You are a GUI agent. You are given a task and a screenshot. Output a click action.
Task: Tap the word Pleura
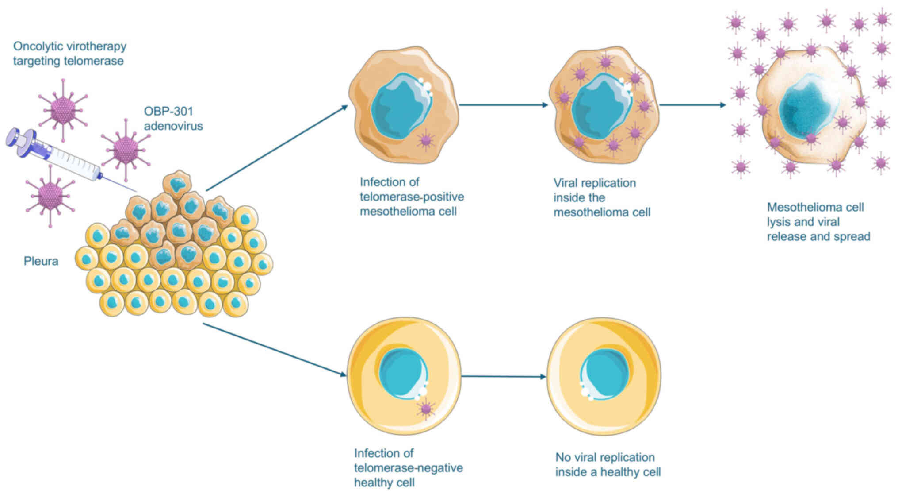tap(41, 261)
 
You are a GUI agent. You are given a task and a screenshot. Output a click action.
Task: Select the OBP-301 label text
tap(168, 111)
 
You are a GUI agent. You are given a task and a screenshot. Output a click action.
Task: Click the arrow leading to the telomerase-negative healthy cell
tap(274, 350)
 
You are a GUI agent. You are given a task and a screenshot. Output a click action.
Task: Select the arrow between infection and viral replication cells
tap(503, 105)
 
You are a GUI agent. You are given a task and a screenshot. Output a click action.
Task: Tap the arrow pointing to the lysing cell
tap(692, 105)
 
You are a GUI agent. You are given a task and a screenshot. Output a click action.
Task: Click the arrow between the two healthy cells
tap(503, 377)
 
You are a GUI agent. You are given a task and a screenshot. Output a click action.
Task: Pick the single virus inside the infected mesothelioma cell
tap(426, 140)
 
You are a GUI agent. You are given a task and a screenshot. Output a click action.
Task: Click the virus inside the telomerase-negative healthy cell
tap(426, 409)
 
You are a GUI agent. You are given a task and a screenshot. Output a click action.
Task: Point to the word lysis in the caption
tap(780, 222)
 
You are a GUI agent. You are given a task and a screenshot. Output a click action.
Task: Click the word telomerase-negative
tap(408, 468)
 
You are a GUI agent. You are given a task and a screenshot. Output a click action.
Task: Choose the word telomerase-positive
tap(412, 197)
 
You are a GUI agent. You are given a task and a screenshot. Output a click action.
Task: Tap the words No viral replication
tap(605, 457)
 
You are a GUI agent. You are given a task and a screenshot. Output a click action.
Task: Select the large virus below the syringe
tap(50, 195)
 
